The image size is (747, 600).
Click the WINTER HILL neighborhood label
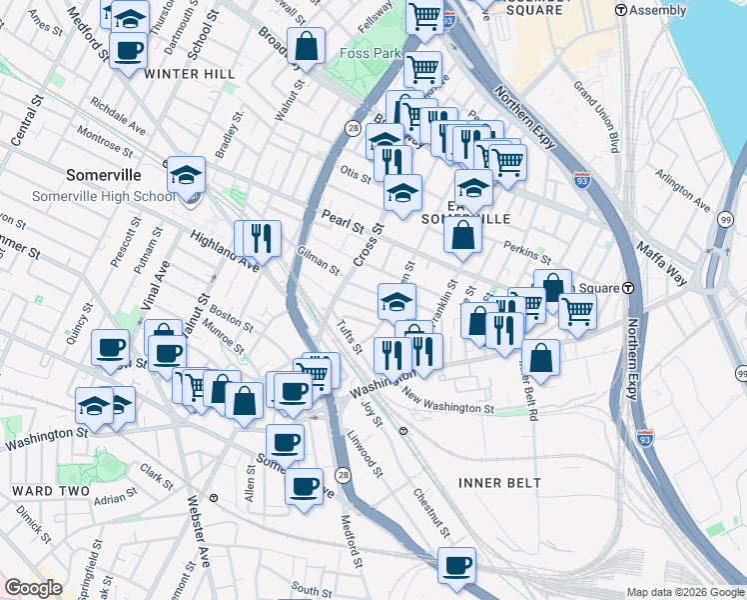point(190,74)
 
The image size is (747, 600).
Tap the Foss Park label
point(369,53)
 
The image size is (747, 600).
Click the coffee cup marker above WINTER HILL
point(128,50)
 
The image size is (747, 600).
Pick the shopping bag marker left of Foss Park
point(306,45)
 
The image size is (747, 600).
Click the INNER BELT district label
point(499,483)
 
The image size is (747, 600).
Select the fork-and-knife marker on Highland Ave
point(262,237)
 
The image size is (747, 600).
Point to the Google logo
point(34,588)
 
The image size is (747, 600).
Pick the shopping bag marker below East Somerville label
point(463,235)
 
